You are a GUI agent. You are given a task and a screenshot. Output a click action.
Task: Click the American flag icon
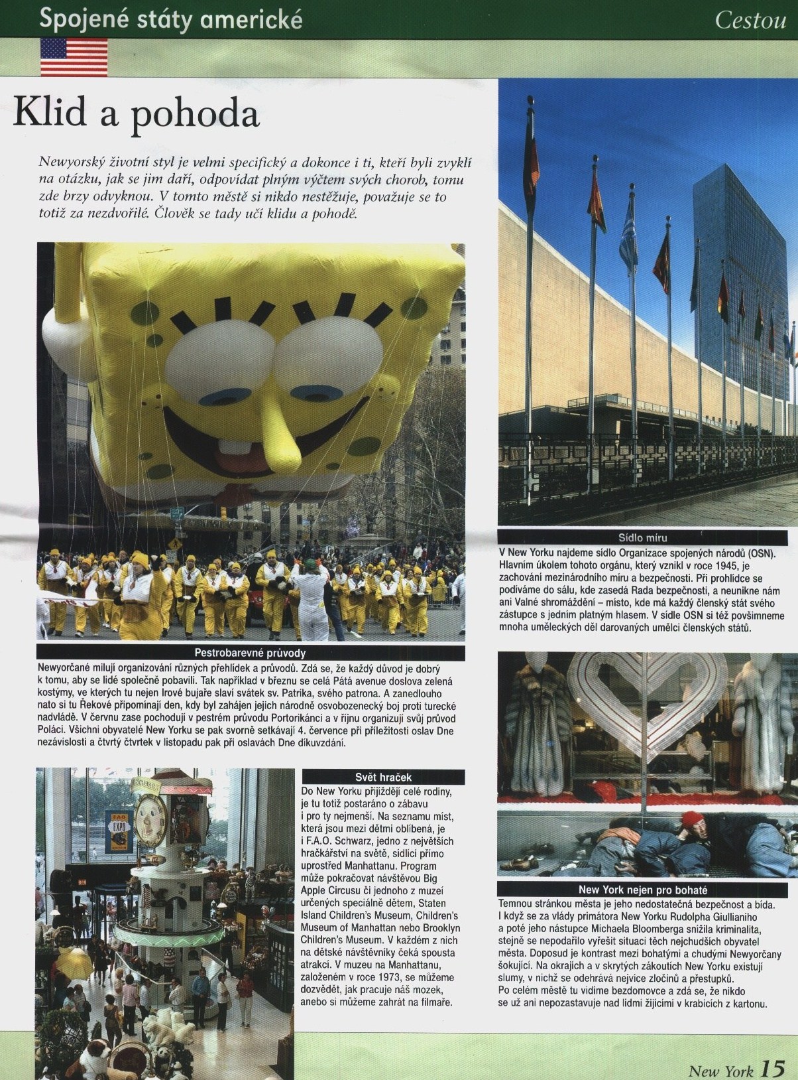74,56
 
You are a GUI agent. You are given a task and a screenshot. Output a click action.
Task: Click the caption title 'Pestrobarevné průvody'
250,652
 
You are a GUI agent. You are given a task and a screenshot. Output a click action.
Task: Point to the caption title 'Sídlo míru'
648,538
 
